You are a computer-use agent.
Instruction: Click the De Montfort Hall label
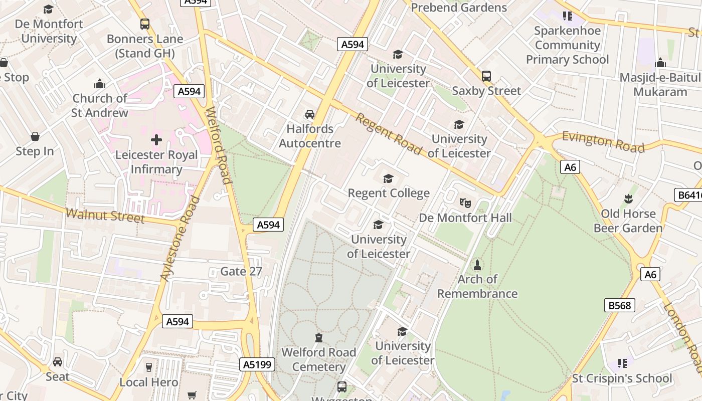coord(465,218)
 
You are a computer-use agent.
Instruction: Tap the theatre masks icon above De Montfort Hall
coord(465,203)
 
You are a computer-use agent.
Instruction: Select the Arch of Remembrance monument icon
coord(477,265)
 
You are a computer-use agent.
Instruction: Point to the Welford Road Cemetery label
coord(319,359)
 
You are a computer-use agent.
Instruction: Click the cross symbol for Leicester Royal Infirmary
coord(156,140)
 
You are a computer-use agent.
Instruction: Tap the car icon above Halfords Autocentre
coord(310,114)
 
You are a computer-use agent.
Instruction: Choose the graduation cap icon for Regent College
coord(389,178)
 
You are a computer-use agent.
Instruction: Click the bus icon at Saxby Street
coord(486,76)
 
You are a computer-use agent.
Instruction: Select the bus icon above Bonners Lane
coord(145,24)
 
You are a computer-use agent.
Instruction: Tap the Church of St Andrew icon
coord(100,84)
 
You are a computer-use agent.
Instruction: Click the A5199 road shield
coord(257,364)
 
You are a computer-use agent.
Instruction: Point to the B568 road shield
coord(620,305)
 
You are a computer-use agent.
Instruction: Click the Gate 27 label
coord(241,272)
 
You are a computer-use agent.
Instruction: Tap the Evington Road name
coord(603,141)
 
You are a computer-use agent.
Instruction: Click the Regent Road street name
coord(389,134)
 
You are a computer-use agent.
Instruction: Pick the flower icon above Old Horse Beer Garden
coord(628,199)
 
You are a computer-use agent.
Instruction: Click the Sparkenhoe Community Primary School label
coord(567,45)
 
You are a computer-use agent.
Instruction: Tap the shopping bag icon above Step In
coord(35,136)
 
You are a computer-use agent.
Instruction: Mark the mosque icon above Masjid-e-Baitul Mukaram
coord(660,63)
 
